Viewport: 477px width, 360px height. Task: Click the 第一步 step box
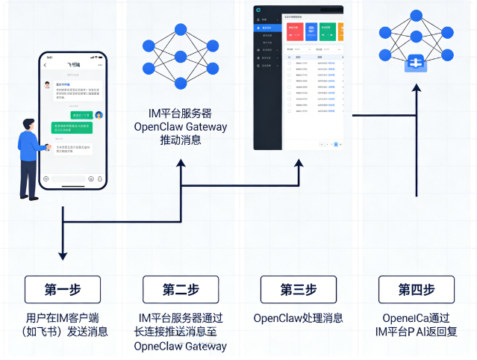[x=62, y=290]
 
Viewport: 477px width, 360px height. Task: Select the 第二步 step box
[x=180, y=290]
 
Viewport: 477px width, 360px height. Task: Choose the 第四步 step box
[x=416, y=290]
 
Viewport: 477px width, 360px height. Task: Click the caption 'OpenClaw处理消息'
[x=298, y=318]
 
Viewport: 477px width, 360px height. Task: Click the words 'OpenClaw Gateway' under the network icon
[x=180, y=126]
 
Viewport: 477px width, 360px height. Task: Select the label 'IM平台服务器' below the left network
[x=180, y=114]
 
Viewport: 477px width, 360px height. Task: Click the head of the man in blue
[x=28, y=124]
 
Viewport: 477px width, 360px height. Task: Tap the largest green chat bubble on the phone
[x=72, y=128]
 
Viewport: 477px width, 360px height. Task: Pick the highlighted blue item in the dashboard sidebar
[x=268, y=28]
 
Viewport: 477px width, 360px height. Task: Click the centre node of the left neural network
[x=180, y=57]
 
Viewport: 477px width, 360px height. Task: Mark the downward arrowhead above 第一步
[x=62, y=255]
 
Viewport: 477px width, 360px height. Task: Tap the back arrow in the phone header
[x=49, y=66]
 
